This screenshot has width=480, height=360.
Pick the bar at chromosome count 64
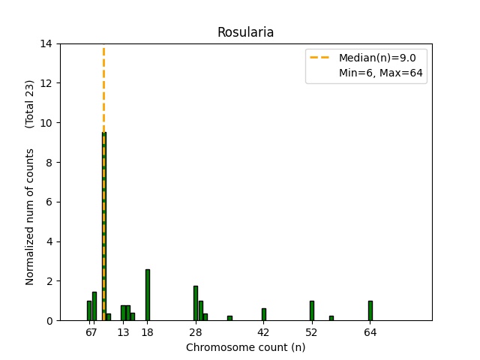point(370,310)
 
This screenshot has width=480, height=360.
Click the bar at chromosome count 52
point(312,310)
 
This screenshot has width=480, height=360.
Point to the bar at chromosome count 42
point(264,314)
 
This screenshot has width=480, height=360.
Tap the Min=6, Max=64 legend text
point(382,73)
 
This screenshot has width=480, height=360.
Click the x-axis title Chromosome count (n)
point(245,347)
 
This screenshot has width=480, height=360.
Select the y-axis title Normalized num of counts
point(31,216)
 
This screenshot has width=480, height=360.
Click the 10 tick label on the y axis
point(46,122)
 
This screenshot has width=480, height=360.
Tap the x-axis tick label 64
point(370,332)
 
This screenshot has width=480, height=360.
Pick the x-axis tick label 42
point(264,332)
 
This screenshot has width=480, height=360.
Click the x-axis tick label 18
point(148,332)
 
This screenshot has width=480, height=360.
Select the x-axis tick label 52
point(312,332)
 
